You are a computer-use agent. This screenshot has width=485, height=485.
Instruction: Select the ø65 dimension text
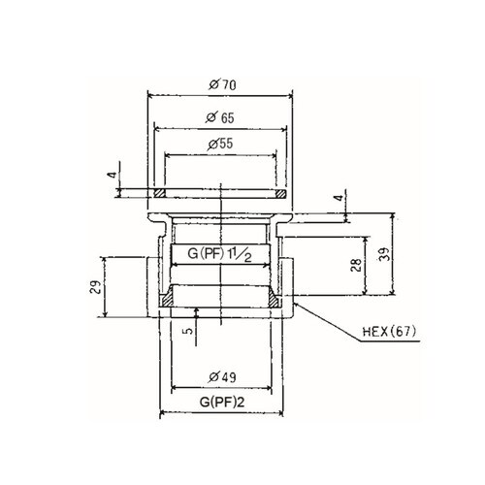coord(221,116)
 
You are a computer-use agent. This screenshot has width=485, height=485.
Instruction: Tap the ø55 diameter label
coord(222,144)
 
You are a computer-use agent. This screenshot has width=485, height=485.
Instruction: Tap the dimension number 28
coord(356,263)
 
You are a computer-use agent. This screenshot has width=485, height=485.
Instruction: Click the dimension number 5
coord(187,329)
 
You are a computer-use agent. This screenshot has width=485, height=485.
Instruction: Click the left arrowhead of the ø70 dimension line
coord(149,95)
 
